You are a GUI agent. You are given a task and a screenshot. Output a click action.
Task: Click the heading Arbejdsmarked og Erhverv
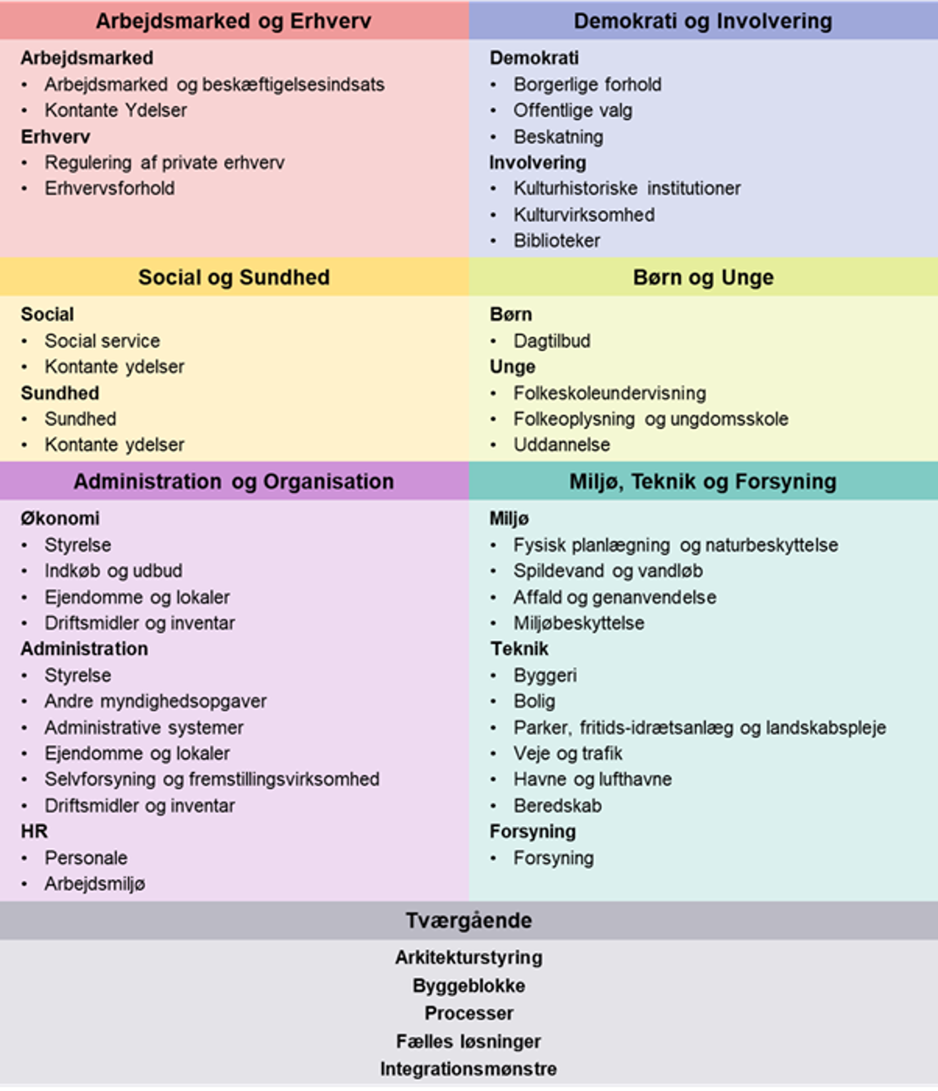tap(233, 21)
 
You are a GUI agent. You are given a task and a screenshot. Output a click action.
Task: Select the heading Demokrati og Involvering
tap(703, 21)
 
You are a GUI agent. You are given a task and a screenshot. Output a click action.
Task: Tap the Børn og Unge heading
tap(703, 278)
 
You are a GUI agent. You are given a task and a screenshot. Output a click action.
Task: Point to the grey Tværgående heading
tap(468, 921)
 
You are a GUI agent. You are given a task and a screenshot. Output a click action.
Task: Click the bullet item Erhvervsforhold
tap(110, 188)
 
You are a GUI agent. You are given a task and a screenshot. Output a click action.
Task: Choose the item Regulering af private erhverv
tap(164, 163)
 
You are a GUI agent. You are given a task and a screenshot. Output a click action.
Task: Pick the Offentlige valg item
tap(573, 110)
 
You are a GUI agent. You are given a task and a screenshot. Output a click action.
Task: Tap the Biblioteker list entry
tap(557, 241)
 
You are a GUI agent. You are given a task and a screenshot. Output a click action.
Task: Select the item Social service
tap(102, 341)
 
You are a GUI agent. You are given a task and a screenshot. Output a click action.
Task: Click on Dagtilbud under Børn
tap(552, 341)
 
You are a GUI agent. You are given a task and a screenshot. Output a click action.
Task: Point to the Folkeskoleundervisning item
tap(610, 393)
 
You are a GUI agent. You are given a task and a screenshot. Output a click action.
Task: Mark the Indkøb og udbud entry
tap(114, 571)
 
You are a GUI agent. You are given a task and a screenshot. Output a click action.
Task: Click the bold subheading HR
tap(34, 831)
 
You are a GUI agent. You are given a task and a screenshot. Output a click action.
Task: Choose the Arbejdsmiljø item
tap(95, 884)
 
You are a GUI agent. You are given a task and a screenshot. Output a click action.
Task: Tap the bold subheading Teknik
tap(519, 649)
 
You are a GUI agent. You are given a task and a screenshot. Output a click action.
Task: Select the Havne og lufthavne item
tap(593, 780)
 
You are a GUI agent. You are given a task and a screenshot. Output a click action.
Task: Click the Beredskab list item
tap(558, 806)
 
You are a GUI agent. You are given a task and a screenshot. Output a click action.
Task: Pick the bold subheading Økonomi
tap(60, 519)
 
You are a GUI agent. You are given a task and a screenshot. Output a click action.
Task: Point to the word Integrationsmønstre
tap(468, 1069)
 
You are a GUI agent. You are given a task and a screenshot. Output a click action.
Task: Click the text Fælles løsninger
tap(468, 1041)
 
